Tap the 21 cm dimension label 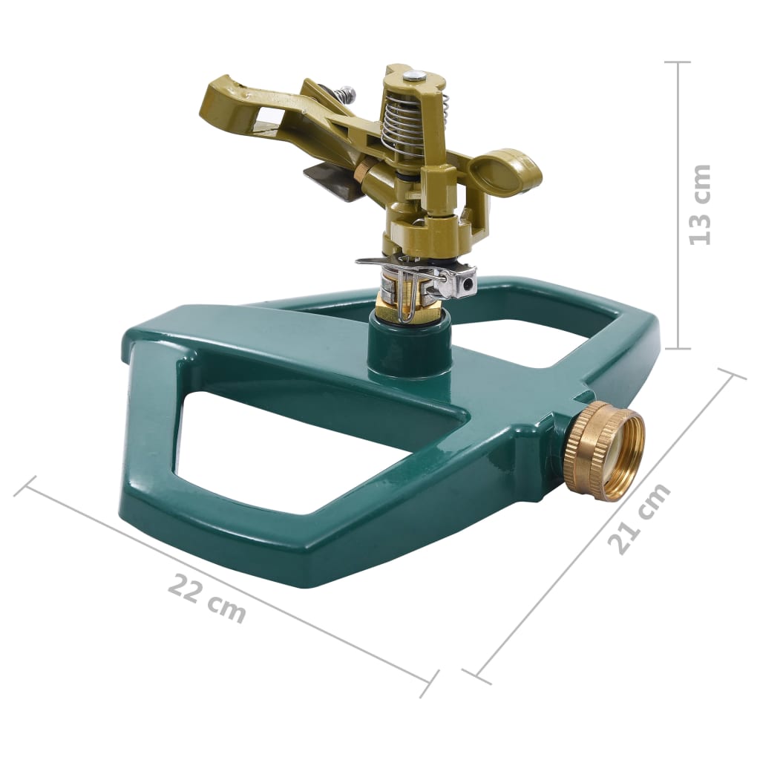[x=639, y=518]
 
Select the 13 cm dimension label [x=699, y=205]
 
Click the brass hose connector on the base [x=603, y=452]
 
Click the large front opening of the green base [x=297, y=453]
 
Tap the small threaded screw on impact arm [x=345, y=94]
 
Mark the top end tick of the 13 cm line [x=678, y=62]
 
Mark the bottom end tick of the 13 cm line [x=678, y=348]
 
